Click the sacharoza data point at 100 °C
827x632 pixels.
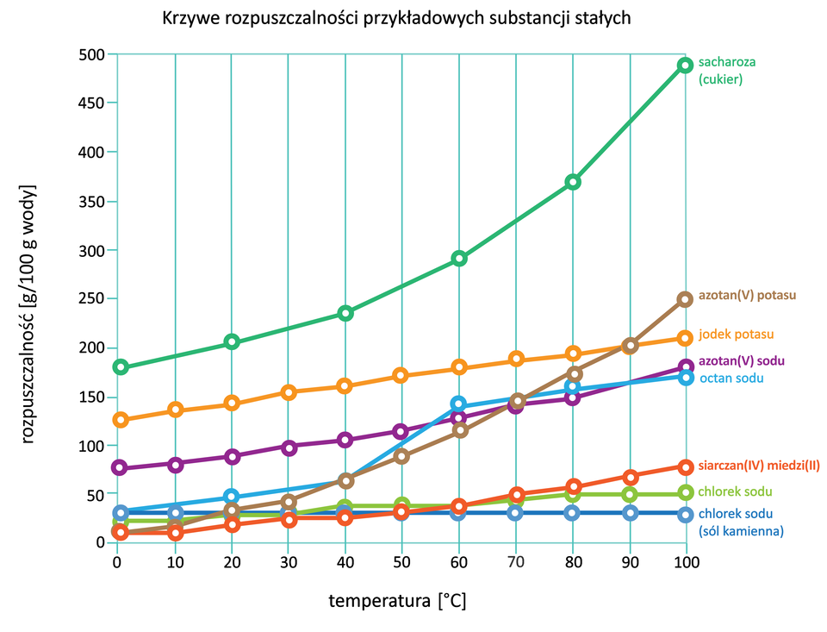685,66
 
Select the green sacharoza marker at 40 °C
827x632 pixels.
345,313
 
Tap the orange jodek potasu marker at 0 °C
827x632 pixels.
121,420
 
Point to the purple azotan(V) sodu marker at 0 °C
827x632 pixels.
121,467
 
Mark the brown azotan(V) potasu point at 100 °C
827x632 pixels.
685,299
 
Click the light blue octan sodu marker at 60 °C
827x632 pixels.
458,404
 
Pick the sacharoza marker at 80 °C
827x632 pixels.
572,182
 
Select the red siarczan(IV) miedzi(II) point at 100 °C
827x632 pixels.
685,466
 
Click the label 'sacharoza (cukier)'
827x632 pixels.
720,71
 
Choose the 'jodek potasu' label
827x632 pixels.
736,334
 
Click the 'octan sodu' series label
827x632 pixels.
731,378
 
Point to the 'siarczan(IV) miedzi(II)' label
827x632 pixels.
759,466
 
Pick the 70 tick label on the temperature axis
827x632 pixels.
515,563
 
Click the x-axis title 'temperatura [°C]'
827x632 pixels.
397,601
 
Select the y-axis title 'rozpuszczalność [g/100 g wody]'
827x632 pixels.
29,313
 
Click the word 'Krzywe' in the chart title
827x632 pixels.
187,19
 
